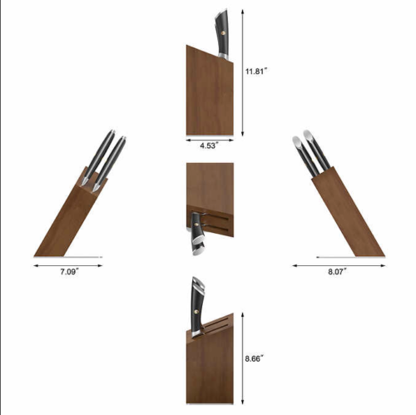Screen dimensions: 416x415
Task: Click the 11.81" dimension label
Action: pyautogui.click(x=255, y=72)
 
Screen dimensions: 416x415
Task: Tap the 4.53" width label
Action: pyautogui.click(x=210, y=146)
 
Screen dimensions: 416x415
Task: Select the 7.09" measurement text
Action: pyautogui.click(x=70, y=272)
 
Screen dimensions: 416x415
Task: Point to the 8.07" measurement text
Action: pyautogui.click(x=337, y=272)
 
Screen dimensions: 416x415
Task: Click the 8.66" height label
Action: pyautogui.click(x=254, y=358)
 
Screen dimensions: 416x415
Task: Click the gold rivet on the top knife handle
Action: pyautogui.click(x=223, y=33)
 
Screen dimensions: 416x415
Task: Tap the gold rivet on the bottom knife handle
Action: pyautogui.click(x=197, y=312)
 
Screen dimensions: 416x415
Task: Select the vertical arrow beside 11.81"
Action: pyautogui.click(x=243, y=72)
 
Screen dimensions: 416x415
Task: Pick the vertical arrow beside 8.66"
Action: pyautogui.click(x=243, y=358)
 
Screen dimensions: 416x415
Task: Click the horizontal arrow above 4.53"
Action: pyautogui.click(x=210, y=140)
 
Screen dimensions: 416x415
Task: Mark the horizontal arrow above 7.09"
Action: pyautogui.click(x=68, y=265)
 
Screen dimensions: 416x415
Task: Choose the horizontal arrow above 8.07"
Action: pyautogui.click(x=339, y=265)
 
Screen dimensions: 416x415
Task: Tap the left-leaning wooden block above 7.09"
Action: pyautogui.click(x=71, y=212)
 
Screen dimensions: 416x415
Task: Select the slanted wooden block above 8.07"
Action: pyautogui.click(x=348, y=212)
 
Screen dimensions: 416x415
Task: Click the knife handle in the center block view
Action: pyautogui.click(x=197, y=234)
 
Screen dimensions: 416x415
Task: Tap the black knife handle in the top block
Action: pyautogui.click(x=222, y=34)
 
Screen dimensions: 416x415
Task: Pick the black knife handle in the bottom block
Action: pyautogui.click(x=198, y=307)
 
